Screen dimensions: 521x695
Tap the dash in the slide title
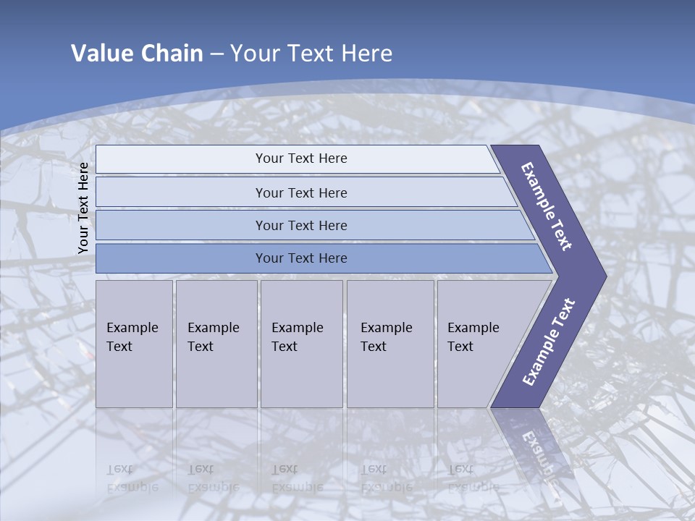216,54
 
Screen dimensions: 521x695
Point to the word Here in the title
366,54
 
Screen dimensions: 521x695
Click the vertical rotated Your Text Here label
83,208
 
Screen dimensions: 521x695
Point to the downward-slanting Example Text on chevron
547,206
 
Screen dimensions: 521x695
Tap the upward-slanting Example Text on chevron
549,342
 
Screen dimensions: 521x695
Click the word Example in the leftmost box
132,328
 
